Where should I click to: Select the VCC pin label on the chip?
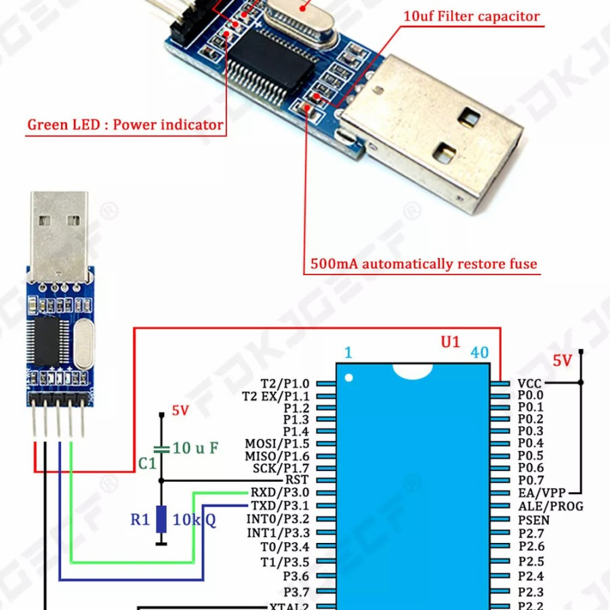[529, 383]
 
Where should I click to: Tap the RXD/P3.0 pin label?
[279, 493]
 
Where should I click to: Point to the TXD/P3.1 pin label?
[279, 506]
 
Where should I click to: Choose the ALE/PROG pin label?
[550, 506]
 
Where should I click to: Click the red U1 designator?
[451, 342]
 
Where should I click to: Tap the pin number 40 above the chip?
[479, 352]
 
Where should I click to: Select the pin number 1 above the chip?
[348, 352]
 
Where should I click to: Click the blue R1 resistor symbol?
[161, 519]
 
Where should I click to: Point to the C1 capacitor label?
[147, 464]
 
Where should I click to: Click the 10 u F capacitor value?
[195, 448]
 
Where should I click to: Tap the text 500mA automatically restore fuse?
[424, 264]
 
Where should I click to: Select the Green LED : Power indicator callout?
[125, 125]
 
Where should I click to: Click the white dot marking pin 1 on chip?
[349, 378]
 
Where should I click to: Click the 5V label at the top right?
[563, 361]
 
